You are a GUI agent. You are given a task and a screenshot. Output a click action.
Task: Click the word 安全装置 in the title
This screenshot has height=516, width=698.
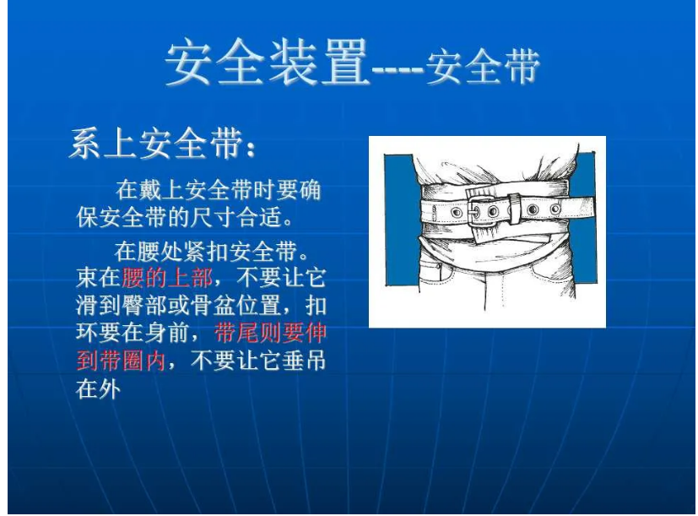coord(267,64)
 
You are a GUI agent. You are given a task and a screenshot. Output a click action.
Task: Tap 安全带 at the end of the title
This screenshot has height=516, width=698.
coord(482,68)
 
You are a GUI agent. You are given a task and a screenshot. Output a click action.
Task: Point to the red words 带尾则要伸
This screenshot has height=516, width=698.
coord(270,333)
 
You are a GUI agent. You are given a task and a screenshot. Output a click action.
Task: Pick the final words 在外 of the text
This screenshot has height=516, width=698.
coord(99,390)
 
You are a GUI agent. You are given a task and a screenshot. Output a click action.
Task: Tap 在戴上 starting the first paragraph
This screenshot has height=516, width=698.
coord(148,191)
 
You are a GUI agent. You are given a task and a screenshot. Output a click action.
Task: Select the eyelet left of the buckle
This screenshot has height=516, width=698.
coord(456,212)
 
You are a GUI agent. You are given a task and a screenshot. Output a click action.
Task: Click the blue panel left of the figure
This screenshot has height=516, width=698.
coord(399,220)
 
